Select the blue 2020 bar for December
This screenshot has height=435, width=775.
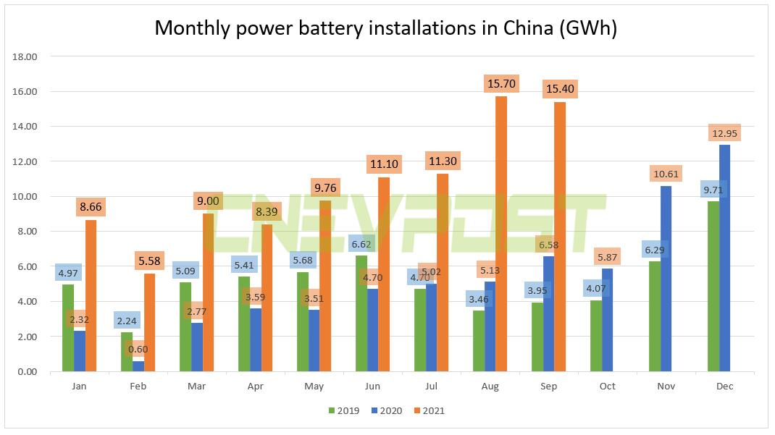724,258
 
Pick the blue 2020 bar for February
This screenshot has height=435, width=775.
138,366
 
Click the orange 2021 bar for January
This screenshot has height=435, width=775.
91,296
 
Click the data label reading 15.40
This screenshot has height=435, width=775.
560,90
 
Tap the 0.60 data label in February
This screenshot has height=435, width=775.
139,349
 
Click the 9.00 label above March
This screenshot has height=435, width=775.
208,202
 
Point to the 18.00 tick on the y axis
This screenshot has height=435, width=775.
25,56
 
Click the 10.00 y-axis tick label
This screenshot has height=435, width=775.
25,197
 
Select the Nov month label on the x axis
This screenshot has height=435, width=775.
666,387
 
